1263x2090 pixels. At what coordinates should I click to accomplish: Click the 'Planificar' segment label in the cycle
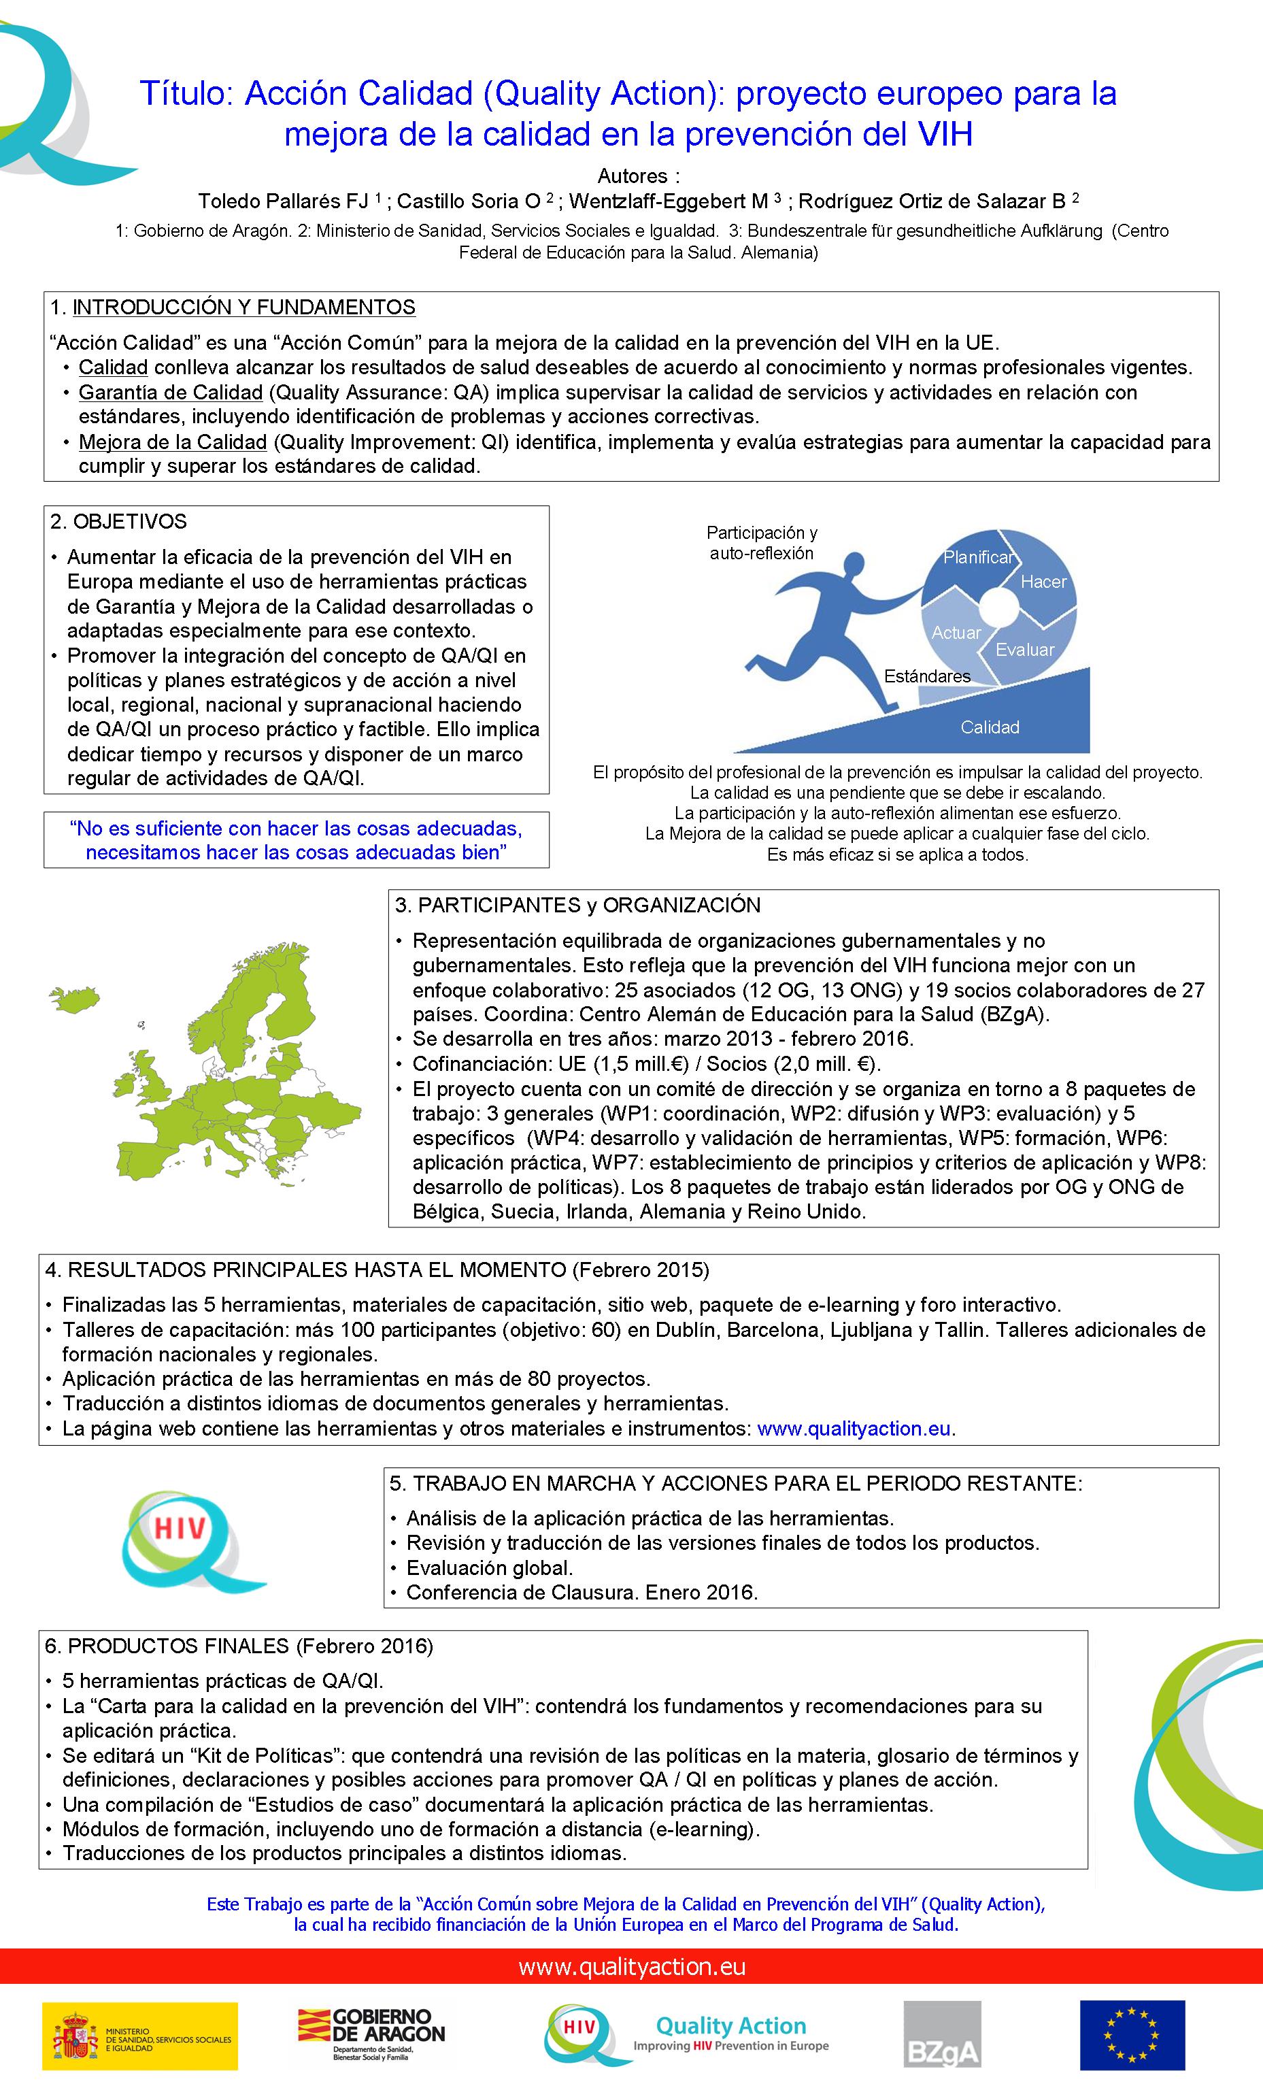pyautogui.click(x=978, y=557)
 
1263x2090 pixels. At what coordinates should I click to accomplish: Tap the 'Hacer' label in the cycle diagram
pyautogui.click(x=1043, y=582)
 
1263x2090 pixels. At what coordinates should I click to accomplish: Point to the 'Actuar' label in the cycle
pyautogui.click(x=956, y=633)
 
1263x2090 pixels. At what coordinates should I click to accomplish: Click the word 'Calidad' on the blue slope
pyautogui.click(x=990, y=727)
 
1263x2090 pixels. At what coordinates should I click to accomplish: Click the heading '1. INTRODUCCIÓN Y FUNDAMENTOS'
pyautogui.click(x=233, y=307)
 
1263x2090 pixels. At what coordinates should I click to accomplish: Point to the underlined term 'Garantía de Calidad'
pyautogui.click(x=171, y=393)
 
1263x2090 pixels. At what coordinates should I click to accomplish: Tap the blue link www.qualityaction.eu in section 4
pyautogui.click(x=854, y=1429)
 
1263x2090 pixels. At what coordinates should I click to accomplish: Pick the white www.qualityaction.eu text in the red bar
pyautogui.click(x=632, y=1967)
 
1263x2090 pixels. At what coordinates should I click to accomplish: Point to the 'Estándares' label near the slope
pyautogui.click(x=927, y=676)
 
